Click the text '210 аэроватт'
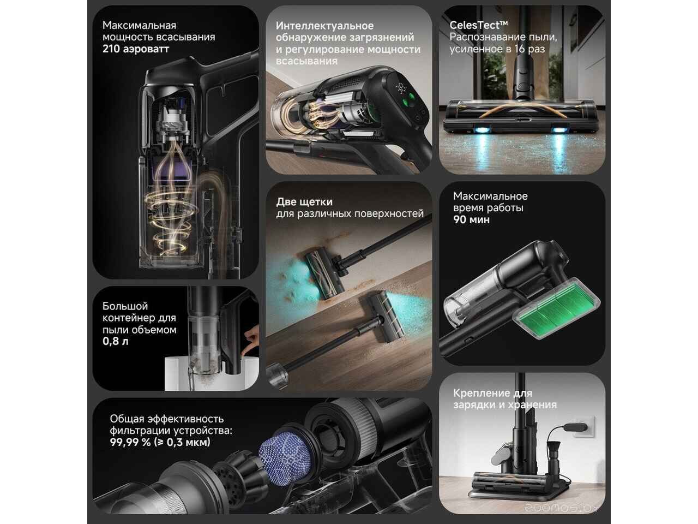coord(135,49)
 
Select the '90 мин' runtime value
coord(471,219)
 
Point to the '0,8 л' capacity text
coord(116,341)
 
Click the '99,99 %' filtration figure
coord(130,442)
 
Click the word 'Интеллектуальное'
coord(324,26)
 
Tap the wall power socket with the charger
coord(583,427)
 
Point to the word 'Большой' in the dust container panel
coord(125,306)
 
